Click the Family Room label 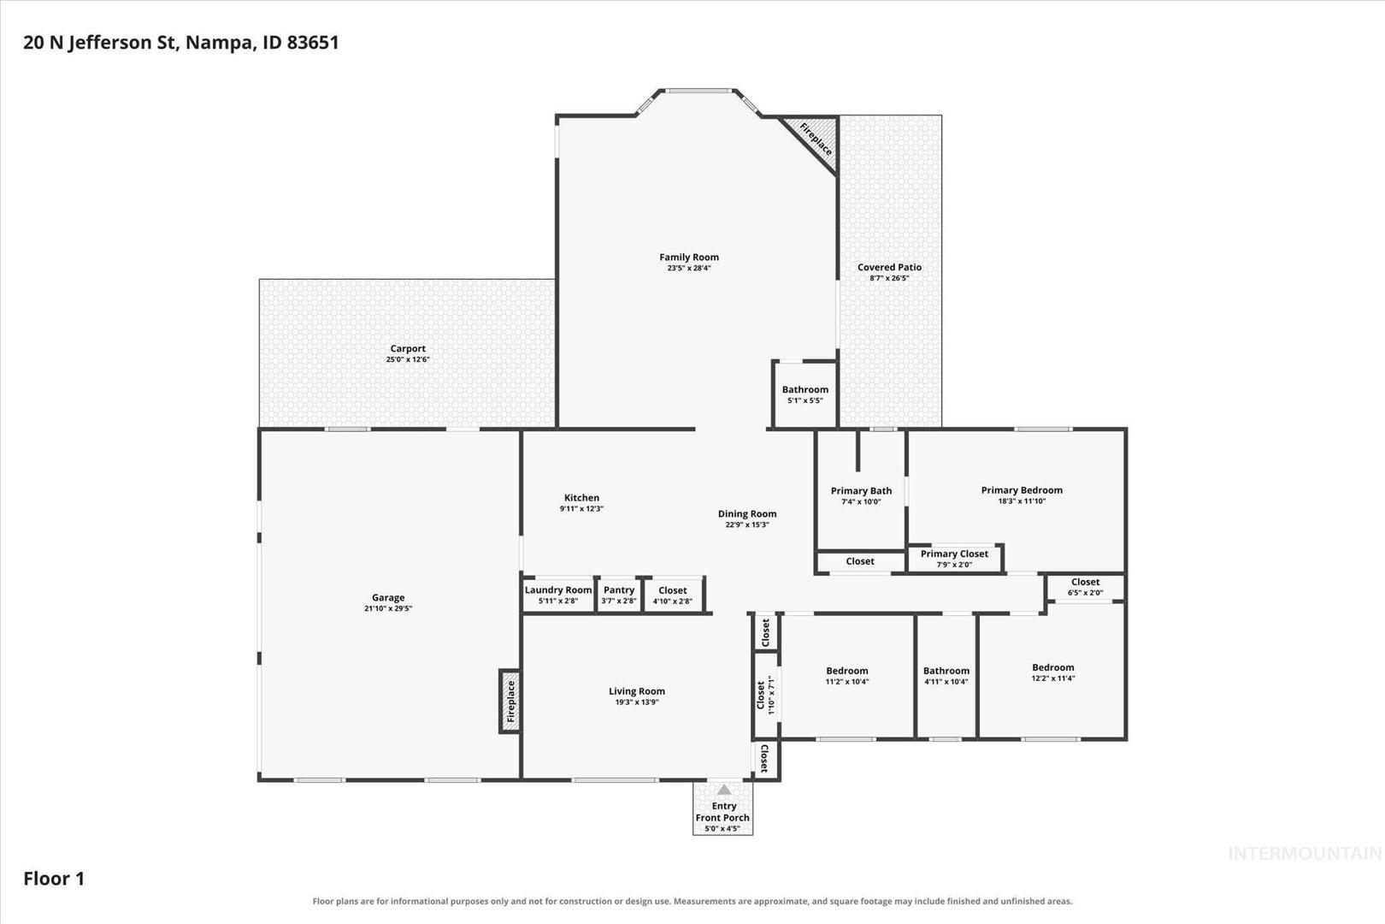click(689, 257)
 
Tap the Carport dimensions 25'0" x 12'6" click(408, 359)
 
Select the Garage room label click(388, 597)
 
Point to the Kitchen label click(581, 498)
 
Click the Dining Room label click(747, 513)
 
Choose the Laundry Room click(558, 595)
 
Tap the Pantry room click(619, 595)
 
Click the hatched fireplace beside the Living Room click(510, 702)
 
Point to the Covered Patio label click(889, 267)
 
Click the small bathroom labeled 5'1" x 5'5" click(805, 394)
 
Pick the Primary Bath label click(861, 491)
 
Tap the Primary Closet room click(954, 558)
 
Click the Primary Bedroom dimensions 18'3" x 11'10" click(1022, 501)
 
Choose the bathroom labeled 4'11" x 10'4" click(946, 676)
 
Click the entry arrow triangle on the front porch click(723, 790)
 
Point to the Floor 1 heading click(54, 879)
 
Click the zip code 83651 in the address click(313, 43)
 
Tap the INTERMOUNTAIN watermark click(1305, 854)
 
